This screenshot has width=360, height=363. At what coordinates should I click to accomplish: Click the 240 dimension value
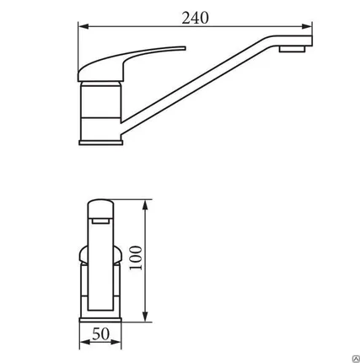195,18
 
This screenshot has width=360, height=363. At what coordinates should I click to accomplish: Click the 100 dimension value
136,257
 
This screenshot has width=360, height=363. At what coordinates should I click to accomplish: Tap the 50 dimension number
100,334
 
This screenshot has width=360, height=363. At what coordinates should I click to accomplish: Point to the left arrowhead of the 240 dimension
83,26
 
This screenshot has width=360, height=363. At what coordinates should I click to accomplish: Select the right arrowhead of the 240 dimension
307,26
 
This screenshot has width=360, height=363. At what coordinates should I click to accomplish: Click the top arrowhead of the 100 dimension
145,205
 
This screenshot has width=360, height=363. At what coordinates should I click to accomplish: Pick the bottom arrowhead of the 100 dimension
145,317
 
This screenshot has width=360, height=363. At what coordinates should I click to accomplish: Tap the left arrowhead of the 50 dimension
85,342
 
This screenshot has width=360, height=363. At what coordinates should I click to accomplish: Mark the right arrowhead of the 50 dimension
116,342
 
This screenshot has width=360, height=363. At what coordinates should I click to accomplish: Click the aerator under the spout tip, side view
292,49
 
